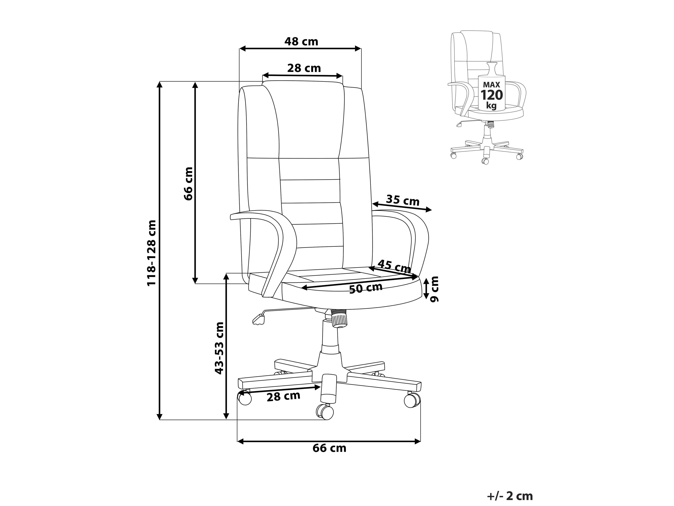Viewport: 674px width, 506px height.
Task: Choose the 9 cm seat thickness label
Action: click(x=434, y=289)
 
